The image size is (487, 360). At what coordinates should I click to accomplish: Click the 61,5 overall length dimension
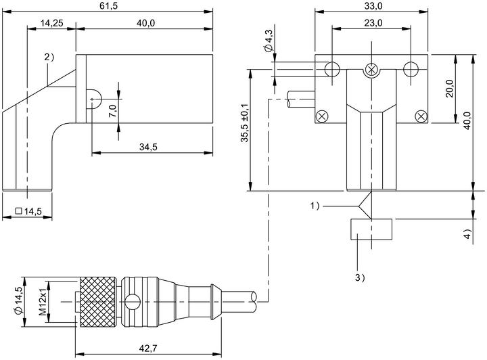(x=109, y=6)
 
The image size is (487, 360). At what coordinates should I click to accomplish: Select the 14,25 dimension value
(x=51, y=23)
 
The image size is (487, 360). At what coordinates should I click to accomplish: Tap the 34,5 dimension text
(x=148, y=148)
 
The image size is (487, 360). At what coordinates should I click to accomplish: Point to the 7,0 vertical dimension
(x=112, y=111)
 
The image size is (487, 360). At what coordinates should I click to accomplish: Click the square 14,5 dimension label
(x=28, y=212)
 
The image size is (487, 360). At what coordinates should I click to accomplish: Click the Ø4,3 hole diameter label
(x=268, y=40)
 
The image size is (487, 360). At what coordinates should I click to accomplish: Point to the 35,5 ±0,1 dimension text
(x=246, y=123)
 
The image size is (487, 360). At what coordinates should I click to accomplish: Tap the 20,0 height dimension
(x=450, y=89)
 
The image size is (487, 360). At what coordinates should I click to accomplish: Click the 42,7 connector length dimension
(x=148, y=348)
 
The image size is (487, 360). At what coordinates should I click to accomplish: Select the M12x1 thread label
(x=42, y=302)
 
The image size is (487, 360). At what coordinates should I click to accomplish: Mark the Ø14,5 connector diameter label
(x=18, y=301)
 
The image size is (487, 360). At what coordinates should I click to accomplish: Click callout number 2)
(x=49, y=57)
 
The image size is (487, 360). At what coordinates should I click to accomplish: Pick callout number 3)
(x=360, y=277)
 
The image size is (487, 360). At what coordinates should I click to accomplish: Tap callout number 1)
(x=315, y=206)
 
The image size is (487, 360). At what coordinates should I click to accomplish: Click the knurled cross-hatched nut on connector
(x=99, y=302)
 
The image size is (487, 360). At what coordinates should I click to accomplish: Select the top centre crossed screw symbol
(x=371, y=69)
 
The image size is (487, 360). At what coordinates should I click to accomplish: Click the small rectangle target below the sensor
(x=371, y=229)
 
